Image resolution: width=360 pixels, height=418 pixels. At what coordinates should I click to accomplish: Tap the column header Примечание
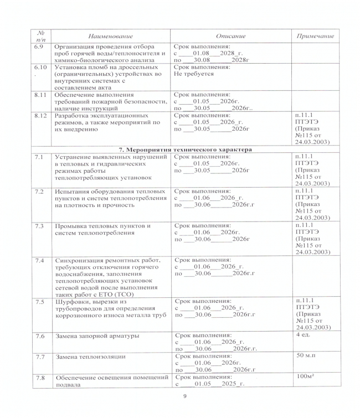tap(315, 36)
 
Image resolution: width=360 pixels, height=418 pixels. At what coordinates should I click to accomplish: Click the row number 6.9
tap(39, 47)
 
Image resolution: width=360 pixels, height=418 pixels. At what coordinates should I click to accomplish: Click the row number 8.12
tap(40, 116)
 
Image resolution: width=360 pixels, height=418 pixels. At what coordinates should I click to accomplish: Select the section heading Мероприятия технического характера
tap(186, 149)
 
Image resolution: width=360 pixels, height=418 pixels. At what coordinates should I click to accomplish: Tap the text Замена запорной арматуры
tap(96, 336)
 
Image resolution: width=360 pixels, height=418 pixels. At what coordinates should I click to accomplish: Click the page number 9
tap(184, 396)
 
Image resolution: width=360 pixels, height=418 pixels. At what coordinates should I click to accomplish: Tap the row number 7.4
tap(39, 260)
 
